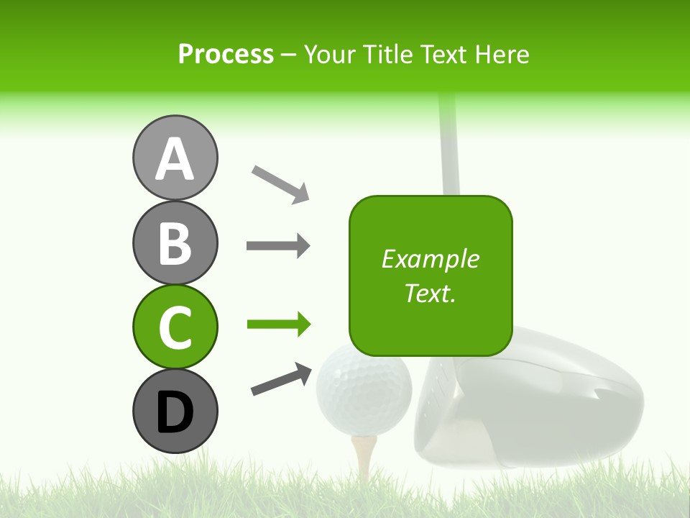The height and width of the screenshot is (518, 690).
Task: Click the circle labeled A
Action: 175,158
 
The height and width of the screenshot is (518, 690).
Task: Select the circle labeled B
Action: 175,242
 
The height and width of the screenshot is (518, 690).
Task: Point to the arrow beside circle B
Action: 278,246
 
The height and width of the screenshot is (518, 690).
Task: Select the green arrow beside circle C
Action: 278,324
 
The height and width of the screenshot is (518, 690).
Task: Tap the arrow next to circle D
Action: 281,379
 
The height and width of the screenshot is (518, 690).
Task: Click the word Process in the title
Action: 226,54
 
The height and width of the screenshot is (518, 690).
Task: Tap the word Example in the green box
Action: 430,259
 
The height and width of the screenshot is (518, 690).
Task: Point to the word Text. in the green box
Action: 430,293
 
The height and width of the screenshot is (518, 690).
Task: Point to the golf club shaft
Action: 448,144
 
